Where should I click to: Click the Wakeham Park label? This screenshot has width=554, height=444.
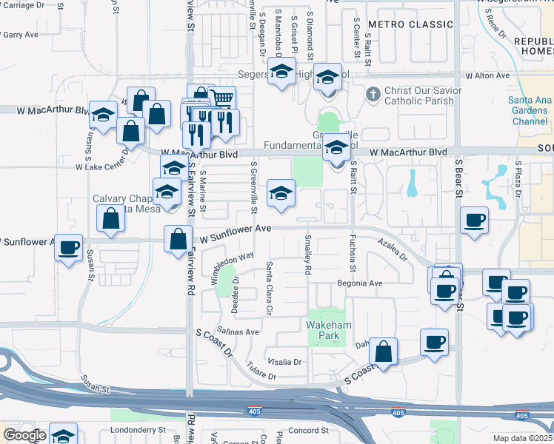click(x=324, y=330)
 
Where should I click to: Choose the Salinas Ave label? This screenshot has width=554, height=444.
click(x=238, y=332)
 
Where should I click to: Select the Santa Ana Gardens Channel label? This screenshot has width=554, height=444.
click(x=528, y=111)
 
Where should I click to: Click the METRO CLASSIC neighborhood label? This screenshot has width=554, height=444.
click(x=410, y=24)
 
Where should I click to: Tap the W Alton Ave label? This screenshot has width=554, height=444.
click(x=487, y=75)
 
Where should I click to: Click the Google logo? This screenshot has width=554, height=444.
click(x=24, y=435)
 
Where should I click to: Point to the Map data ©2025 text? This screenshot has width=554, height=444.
click(x=521, y=438)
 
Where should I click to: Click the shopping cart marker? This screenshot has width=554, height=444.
click(x=222, y=98)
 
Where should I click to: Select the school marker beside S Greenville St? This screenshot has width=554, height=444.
click(x=280, y=194)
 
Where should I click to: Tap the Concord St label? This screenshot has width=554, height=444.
click(x=307, y=431)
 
